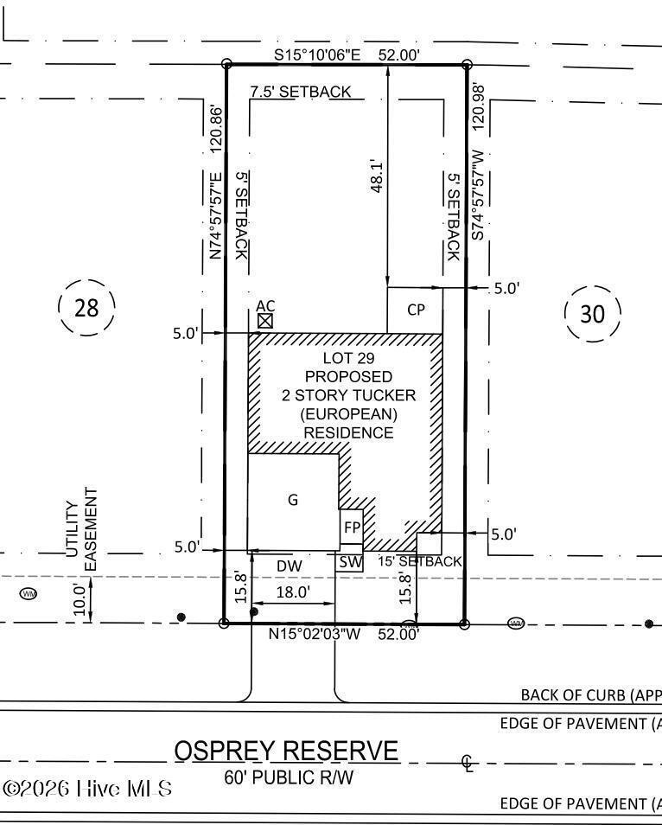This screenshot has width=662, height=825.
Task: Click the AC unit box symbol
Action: [x=265, y=321]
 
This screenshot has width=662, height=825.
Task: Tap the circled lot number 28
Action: [x=86, y=308]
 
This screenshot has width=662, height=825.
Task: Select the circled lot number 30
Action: [x=592, y=314]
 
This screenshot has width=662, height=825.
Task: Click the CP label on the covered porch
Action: [x=416, y=310]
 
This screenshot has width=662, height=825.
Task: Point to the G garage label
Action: [x=293, y=500]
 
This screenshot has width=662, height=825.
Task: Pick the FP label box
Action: [x=352, y=528]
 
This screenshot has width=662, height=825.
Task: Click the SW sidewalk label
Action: [x=350, y=562]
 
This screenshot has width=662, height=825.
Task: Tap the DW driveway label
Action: [x=290, y=566]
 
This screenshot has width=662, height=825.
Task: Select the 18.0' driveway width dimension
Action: [x=293, y=592]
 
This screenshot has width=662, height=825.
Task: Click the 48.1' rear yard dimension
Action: [x=377, y=176]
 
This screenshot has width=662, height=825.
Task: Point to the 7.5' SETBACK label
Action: [x=300, y=92]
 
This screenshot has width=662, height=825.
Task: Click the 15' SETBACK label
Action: [x=420, y=562]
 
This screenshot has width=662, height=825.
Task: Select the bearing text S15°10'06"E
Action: [x=317, y=54]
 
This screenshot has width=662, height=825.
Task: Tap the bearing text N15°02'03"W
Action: [x=315, y=634]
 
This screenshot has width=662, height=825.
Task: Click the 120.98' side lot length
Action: [x=478, y=107]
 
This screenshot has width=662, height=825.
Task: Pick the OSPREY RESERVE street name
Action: [x=286, y=751]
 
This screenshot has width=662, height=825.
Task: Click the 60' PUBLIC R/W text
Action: [x=289, y=777]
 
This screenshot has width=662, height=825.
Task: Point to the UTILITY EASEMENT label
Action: [x=81, y=529]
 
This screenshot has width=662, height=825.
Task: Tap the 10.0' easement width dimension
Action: [x=80, y=600]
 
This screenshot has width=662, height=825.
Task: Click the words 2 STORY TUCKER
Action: [x=348, y=395]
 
